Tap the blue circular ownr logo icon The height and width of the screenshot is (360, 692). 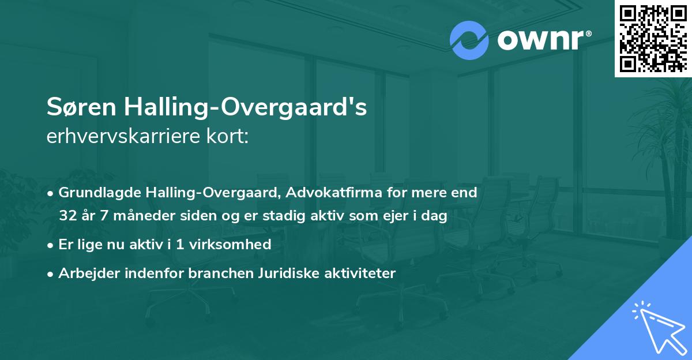(x=468, y=40)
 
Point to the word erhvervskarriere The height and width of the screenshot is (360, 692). (x=118, y=137)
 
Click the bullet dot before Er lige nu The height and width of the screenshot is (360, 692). (x=51, y=245)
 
